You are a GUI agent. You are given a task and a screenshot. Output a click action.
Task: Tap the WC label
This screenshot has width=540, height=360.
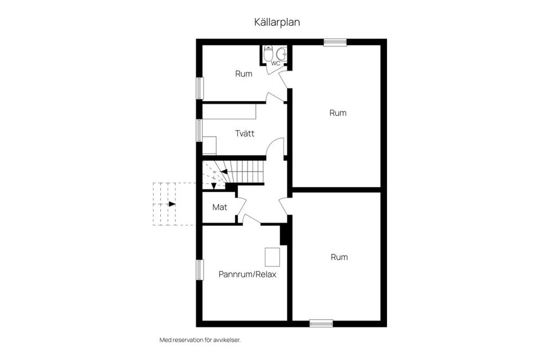pos(276,64)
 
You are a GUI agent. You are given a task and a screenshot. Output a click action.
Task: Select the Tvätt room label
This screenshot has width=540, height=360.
pos(245,134)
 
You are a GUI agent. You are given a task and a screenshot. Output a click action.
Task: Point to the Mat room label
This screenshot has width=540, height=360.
pos(219,207)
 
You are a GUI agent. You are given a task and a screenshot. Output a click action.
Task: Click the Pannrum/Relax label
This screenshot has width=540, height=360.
pos(247,275)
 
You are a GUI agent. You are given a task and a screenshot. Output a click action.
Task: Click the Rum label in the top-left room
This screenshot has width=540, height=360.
pos(244,74)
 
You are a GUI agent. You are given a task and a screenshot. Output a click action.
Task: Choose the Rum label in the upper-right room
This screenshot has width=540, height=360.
pos(337,113)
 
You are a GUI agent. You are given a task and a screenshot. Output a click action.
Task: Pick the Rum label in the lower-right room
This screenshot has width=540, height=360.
pos(339,257)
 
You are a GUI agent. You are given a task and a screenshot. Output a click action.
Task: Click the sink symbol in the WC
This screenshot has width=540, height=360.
pos(281,54)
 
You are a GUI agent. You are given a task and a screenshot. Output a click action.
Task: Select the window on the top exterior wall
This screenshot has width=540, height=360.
pos(335,42)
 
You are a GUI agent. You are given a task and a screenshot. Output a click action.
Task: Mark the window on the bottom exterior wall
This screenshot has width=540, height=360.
pos(321,323)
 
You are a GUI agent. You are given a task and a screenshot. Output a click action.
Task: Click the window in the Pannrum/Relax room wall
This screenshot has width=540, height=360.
pos(199,269)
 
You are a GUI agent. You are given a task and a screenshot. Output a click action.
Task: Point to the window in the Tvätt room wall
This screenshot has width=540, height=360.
pos(199,129)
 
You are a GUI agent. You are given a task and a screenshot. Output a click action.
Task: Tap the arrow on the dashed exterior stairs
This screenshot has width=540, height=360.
pos(171,204)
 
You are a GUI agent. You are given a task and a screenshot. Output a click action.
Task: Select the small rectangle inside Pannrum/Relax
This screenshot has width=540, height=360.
pos(273,257)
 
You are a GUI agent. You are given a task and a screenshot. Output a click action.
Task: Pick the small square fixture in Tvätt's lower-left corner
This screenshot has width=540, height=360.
pos(209,146)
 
